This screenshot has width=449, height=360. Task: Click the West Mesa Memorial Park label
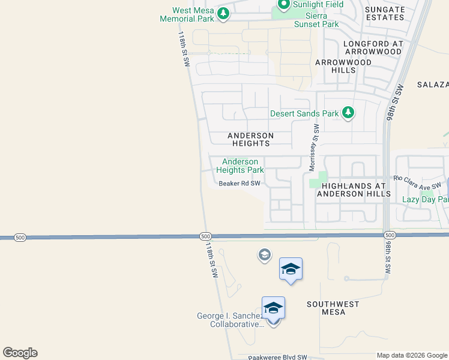[x=187, y=14]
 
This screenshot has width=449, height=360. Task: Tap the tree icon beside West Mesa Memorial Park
[x=223, y=13]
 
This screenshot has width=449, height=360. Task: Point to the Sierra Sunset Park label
[x=316, y=20]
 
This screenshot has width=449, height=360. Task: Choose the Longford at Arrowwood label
[x=372, y=48]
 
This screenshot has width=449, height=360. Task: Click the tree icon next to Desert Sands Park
[x=348, y=112]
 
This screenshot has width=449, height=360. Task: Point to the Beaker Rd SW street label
[x=240, y=184]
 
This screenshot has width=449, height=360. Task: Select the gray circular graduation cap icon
[x=264, y=256]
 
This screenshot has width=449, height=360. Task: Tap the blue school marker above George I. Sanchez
[x=273, y=308]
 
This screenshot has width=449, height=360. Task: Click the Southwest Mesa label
[x=334, y=308]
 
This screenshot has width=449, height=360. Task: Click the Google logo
[x=20, y=353]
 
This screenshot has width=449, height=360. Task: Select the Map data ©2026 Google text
[x=411, y=355]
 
